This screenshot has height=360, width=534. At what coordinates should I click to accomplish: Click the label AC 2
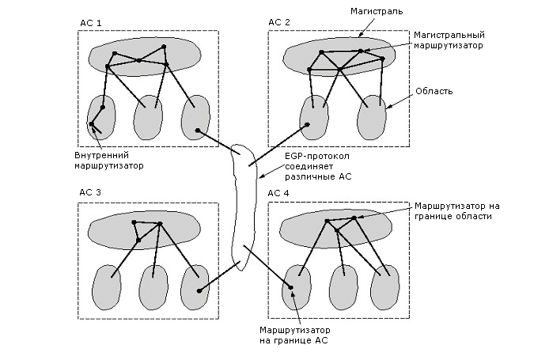[281, 23]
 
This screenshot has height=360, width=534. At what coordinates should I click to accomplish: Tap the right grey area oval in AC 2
[372, 116]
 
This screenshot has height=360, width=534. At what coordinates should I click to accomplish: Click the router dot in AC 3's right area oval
[199, 290]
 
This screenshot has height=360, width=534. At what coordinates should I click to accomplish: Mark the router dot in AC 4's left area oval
[291, 287]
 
